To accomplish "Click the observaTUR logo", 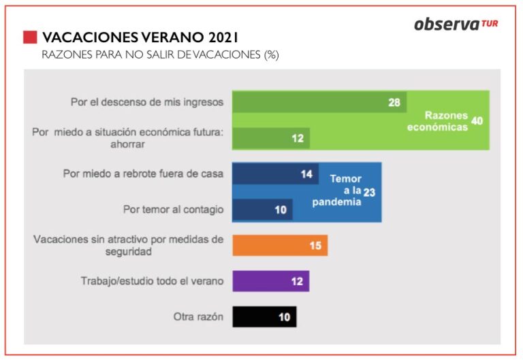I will [x=455, y=24].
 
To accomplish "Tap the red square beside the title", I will [x=30, y=37].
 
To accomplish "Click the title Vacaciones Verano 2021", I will [x=140, y=37].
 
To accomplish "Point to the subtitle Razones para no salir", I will [x=160, y=54].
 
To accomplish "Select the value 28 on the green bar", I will [x=393, y=102].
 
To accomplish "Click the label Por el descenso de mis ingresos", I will [x=147, y=102].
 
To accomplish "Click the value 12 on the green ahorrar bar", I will [x=298, y=138].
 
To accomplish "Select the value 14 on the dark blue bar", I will [x=306, y=174].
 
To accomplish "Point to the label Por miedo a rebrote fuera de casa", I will [x=143, y=174].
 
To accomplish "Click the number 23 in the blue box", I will [x=369, y=193].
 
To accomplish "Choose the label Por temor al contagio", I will [x=173, y=210].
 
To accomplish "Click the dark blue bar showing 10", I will [x=262, y=210].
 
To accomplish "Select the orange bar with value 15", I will [x=279, y=245].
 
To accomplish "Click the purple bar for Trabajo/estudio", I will [x=270, y=281].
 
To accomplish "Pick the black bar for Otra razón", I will [x=264, y=316].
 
